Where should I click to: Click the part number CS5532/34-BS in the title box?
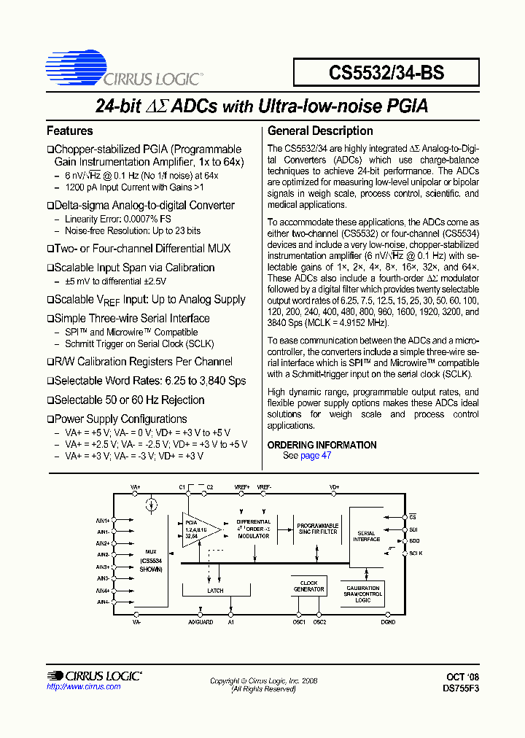pyautogui.click(x=386, y=73)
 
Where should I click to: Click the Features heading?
pyautogui.click(x=70, y=131)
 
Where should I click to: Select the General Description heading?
pyautogui.click(x=320, y=131)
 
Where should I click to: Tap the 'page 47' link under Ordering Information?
pyautogui.click(x=316, y=456)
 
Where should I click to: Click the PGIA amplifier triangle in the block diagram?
pyautogui.click(x=198, y=528)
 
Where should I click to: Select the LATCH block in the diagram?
pyautogui.click(x=215, y=591)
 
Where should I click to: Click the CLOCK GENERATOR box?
pyautogui.click(x=308, y=586)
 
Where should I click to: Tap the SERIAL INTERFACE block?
pyautogui.click(x=367, y=536)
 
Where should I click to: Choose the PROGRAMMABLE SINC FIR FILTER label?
pyautogui.click(x=317, y=528)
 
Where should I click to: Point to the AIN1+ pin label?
pyautogui.click(x=103, y=521)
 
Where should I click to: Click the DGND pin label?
pyautogui.click(x=388, y=622)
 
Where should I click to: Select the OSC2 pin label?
pyautogui.click(x=319, y=622)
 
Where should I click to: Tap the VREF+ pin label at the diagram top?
pyautogui.click(x=242, y=486)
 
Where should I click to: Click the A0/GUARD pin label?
pyautogui.click(x=201, y=622)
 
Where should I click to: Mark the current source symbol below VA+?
pyautogui.click(x=151, y=504)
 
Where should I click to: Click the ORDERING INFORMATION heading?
pyautogui.click(x=322, y=445)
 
